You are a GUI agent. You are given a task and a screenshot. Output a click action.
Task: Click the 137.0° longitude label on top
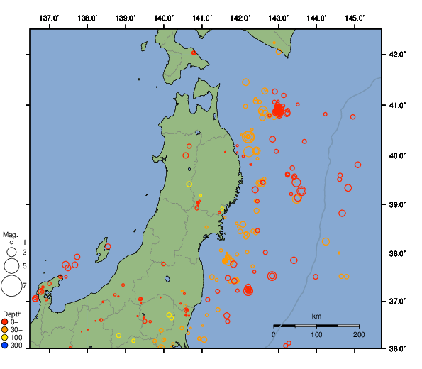click(x=49, y=17)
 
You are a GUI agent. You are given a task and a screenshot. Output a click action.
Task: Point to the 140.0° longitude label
click(x=164, y=17)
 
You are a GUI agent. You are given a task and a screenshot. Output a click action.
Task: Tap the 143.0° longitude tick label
click(x=279, y=17)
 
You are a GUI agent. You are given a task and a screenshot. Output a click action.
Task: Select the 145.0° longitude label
click(x=355, y=17)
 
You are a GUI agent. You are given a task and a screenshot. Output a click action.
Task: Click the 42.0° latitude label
click(x=395, y=55)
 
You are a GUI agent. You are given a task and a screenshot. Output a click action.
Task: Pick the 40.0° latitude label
click(x=395, y=155)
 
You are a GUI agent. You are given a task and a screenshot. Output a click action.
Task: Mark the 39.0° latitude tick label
click(x=395, y=204)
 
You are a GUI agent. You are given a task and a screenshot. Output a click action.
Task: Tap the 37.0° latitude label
click(x=395, y=302)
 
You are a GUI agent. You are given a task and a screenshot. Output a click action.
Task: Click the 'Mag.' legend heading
click(x=10, y=234)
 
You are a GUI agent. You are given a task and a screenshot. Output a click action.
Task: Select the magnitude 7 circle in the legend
click(x=11, y=286)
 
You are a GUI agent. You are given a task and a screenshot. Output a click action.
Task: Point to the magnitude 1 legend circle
click(x=12, y=243)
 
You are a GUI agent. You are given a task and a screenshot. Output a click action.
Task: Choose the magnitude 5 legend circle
click(x=11, y=265)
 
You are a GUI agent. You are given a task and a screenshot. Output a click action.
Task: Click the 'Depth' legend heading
click(x=12, y=314)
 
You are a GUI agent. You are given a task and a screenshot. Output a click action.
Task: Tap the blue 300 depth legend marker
click(x=6, y=346)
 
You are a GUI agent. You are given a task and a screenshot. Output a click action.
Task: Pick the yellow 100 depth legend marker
click(x=6, y=337)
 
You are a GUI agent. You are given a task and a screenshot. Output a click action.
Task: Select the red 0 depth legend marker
click(x=6, y=321)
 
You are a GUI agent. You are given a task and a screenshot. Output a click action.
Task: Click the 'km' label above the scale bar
click(x=316, y=316)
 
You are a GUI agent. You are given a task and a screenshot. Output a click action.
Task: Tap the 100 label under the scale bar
click(x=316, y=334)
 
